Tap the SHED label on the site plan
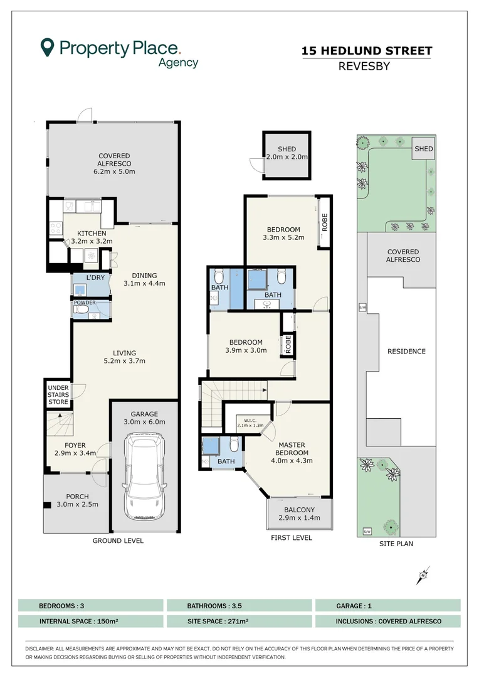coord(423,149)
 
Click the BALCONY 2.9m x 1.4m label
coord(299,514)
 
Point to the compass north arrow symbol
coord(423,575)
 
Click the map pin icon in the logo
coord(47,47)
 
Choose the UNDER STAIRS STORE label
coord(58,395)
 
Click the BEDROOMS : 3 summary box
coord(91,605)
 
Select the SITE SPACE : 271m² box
coord(239,621)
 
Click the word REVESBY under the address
coord(364,66)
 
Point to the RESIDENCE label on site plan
coord(406,352)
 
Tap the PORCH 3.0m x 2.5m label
coord(77,500)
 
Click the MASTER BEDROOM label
coord(292,448)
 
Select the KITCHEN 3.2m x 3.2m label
coord(92,237)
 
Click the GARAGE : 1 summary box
coord(388,605)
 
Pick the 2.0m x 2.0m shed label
coord(287,157)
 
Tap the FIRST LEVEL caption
coord(291,537)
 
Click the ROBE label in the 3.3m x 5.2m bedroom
coord(325,222)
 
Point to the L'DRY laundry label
coord(95,277)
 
